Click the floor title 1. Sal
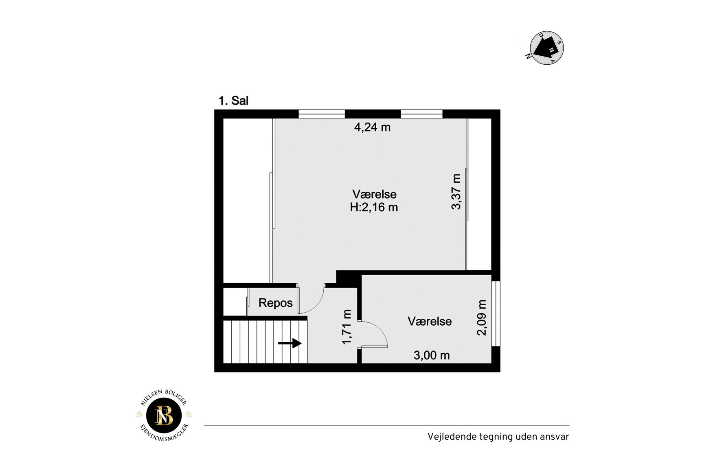coord(233,101)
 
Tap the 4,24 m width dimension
coord(372,127)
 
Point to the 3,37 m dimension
coord(456,192)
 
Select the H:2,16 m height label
coord(374,207)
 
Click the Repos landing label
coord(276,303)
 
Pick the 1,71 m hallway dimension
coord(347,327)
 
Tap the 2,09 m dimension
coord(482,317)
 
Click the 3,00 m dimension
coord(432,355)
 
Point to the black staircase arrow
coord(290,344)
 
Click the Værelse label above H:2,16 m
coord(374,194)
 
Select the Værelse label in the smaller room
coord(430,321)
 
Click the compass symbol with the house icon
coord(546,48)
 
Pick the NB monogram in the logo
coord(164,416)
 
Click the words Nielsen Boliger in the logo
coord(163,396)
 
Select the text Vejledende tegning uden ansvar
coord(498,437)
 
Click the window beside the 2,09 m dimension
coord(496,314)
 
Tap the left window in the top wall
coord(322,114)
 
